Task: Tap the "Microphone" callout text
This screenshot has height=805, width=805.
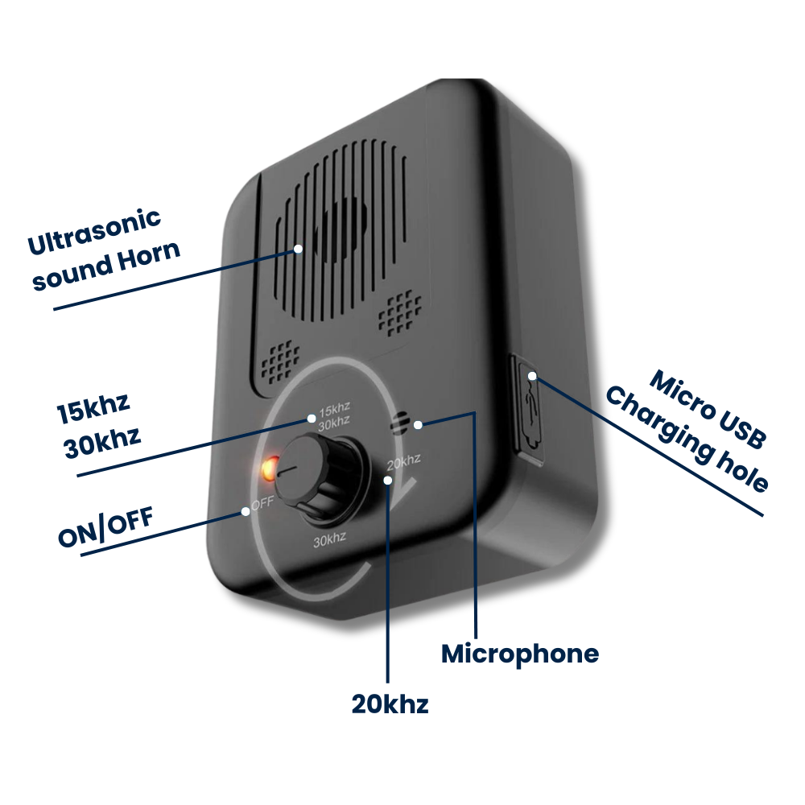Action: click(x=520, y=654)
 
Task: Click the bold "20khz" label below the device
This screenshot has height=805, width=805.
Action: click(x=390, y=704)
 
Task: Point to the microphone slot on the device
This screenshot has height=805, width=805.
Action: click(x=401, y=423)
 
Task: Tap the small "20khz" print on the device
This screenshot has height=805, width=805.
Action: click(x=403, y=462)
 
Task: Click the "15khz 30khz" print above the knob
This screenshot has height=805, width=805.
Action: click(x=333, y=417)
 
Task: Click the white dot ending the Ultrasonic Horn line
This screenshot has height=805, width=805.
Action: click(x=299, y=249)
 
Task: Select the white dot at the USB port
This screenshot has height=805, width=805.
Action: click(x=531, y=376)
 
